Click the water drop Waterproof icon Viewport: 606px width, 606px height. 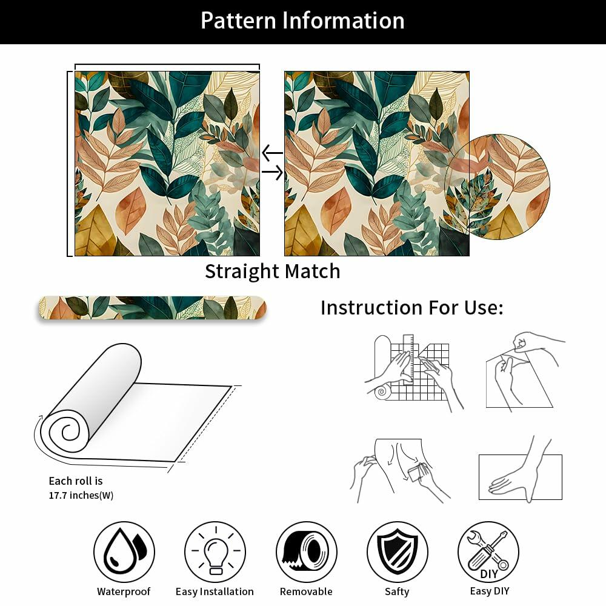124,551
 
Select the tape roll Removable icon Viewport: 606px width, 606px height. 307,551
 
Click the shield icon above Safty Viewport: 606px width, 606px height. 398,551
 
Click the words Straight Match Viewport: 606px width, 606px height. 273,271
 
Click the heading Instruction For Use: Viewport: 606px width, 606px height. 412,308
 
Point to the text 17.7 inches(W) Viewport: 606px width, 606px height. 81,495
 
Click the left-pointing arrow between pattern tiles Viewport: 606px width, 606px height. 272,153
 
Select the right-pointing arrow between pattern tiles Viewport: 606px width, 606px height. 273,172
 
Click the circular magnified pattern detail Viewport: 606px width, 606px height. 497,187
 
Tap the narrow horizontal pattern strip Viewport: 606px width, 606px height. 153,308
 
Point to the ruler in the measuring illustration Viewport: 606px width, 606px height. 408,359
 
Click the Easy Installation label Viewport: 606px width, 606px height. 215,591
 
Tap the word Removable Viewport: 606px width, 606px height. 306,591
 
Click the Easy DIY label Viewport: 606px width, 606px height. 490,591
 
